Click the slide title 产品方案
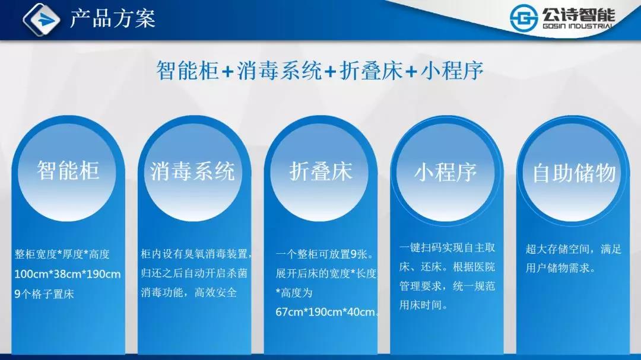(x=112, y=18)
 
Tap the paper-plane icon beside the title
(x=42, y=19)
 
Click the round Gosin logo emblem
(x=523, y=18)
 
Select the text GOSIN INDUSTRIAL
(x=577, y=26)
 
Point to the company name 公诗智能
(x=579, y=15)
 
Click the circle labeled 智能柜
(x=67, y=172)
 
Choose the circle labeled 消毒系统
(x=193, y=172)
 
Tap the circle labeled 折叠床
(x=320, y=172)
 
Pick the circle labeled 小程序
(x=446, y=172)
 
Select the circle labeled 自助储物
(x=572, y=172)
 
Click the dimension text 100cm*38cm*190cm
(x=68, y=274)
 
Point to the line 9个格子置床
(x=44, y=294)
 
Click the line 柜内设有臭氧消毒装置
(x=195, y=254)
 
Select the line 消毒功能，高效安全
(x=189, y=292)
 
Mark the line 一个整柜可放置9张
(x=325, y=254)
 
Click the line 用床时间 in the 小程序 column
(x=423, y=305)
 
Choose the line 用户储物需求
(x=560, y=268)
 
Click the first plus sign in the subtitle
(x=228, y=72)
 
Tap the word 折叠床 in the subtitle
(x=372, y=71)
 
